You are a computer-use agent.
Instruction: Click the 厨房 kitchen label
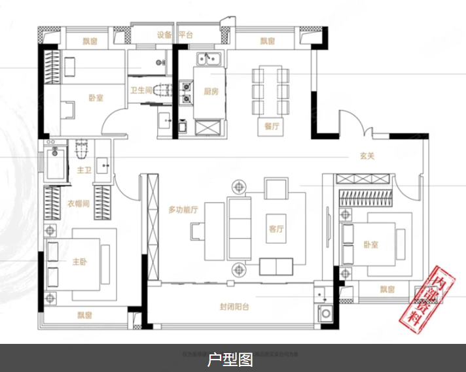point(210,92)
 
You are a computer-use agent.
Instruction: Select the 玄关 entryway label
point(367,156)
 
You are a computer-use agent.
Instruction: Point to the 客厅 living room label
point(276,229)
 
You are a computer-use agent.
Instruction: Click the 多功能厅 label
point(183,210)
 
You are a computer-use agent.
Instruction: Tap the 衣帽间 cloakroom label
point(77,203)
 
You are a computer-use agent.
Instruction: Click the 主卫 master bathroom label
point(84,171)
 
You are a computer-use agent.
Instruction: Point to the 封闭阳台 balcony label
point(234,307)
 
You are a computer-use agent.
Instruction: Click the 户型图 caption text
point(230,359)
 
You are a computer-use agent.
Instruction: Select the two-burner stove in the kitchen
point(187,92)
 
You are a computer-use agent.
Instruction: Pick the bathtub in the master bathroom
point(56,163)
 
